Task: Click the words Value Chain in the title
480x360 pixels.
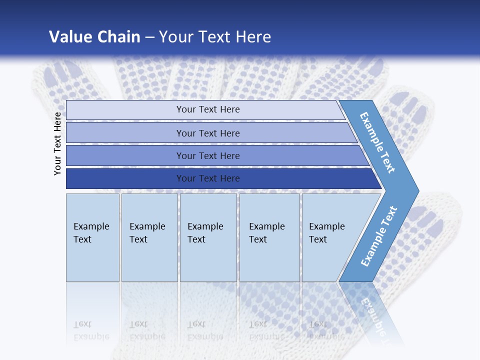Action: pyautogui.click(x=94, y=36)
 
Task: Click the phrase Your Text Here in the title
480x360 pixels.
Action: pyautogui.click(x=215, y=36)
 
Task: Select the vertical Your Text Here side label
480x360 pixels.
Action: pyautogui.click(x=57, y=143)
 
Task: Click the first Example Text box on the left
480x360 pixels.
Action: pyautogui.click(x=92, y=237)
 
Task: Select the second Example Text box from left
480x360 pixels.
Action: pyautogui.click(x=149, y=237)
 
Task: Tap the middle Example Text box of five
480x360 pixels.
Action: pyautogui.click(x=208, y=237)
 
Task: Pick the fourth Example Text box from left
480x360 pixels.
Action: pyautogui.click(x=269, y=237)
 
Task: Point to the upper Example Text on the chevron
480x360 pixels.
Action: pyautogui.click(x=377, y=142)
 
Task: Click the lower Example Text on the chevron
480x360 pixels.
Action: pyautogui.click(x=378, y=236)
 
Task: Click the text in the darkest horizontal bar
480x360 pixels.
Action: pyautogui.click(x=208, y=178)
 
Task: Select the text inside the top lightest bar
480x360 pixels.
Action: pyautogui.click(x=208, y=109)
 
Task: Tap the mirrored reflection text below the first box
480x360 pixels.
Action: pyautogui.click(x=91, y=330)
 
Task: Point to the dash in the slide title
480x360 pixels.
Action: pyautogui.click(x=149, y=37)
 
